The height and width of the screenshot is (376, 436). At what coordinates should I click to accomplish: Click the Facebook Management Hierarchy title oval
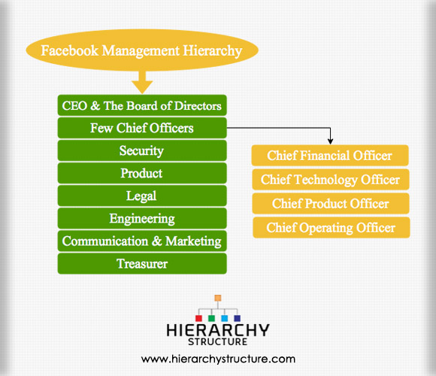[x=142, y=50]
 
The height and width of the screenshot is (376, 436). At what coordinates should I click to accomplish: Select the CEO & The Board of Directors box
[x=142, y=105]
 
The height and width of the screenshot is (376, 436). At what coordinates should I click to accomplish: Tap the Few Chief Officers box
[x=142, y=128]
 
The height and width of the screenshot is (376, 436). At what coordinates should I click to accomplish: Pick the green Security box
[x=142, y=150]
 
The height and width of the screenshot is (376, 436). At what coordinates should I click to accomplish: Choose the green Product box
[x=142, y=173]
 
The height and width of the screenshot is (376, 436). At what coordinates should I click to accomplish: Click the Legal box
[x=142, y=196]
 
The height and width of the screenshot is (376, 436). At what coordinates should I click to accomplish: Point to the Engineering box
[x=142, y=218]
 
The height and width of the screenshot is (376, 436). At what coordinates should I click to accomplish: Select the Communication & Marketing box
[x=142, y=241]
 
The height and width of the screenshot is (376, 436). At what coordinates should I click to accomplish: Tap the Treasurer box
[x=142, y=263]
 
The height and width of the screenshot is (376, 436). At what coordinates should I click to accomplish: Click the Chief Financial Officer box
[x=330, y=155]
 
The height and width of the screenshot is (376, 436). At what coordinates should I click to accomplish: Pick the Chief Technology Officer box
[x=331, y=180]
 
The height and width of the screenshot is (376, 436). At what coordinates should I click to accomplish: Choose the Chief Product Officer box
[x=331, y=203]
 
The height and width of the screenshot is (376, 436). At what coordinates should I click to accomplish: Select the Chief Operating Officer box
[x=332, y=228]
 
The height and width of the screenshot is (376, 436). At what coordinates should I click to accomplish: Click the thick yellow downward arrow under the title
[x=142, y=82]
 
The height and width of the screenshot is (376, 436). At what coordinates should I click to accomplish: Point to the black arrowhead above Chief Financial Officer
[x=330, y=141]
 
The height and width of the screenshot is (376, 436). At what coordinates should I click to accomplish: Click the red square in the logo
[x=198, y=318]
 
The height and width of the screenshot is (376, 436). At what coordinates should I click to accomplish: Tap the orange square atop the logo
[x=218, y=298]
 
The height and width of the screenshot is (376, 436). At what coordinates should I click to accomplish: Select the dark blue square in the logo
[x=238, y=318]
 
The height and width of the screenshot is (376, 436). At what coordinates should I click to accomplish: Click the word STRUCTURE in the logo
[x=218, y=342]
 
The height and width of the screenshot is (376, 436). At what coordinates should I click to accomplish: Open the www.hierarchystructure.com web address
[x=218, y=359]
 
